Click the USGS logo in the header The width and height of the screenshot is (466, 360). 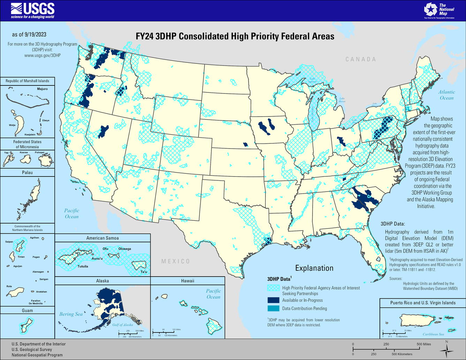[x=32, y=10]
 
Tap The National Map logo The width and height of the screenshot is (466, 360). [x=439, y=10]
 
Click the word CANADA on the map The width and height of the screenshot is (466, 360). [x=361, y=59]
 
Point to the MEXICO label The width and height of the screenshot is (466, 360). [x=175, y=261]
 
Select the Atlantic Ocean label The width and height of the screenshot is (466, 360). [x=446, y=95]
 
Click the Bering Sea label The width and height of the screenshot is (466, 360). [x=71, y=314]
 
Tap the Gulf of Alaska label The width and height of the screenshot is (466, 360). [x=123, y=325]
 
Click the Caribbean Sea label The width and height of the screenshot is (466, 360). [x=433, y=334]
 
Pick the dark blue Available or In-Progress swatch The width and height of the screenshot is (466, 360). [x=273, y=300]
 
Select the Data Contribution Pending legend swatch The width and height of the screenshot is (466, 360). [x=273, y=308]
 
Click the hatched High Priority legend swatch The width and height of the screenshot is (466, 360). [x=273, y=288]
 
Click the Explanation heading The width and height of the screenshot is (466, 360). [x=314, y=268]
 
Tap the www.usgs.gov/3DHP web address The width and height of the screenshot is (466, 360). [x=42, y=55]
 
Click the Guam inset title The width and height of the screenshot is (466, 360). [x=27, y=310]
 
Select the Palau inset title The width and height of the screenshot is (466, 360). [x=27, y=172]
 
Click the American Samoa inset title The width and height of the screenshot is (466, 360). [x=103, y=238]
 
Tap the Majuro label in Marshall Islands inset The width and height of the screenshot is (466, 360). [x=42, y=89]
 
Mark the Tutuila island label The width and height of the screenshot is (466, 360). [x=83, y=267]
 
